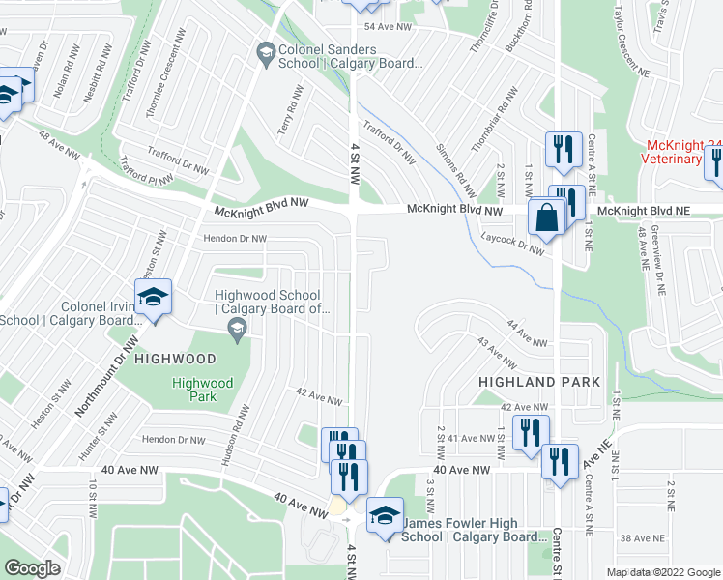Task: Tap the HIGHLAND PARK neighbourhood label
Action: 540,383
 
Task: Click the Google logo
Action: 32,568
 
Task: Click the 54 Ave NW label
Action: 382,28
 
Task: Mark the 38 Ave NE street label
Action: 639,538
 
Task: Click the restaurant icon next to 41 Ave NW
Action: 530,432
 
